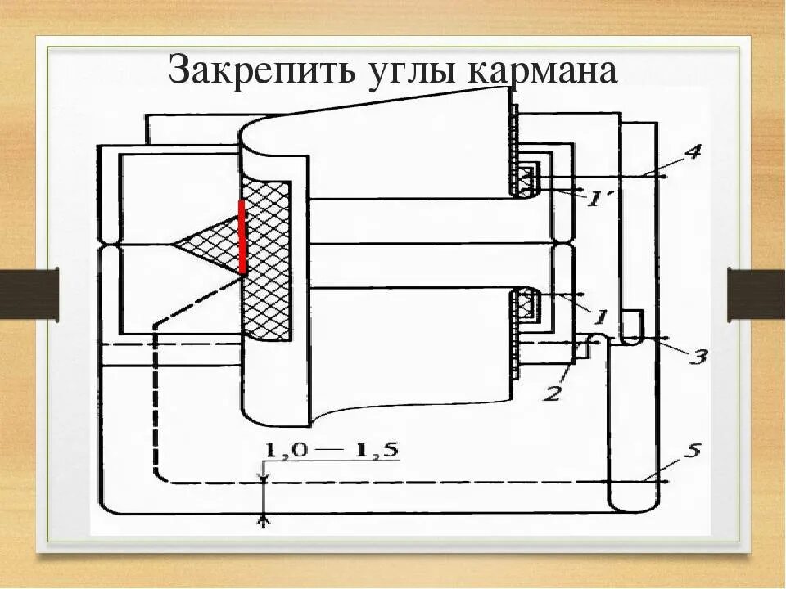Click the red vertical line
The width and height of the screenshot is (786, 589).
tap(242, 236)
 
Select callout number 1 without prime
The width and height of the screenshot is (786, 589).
tap(599, 315)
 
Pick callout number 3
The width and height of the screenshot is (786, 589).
tap(698, 357)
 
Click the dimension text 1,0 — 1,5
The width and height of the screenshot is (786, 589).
tap(332, 451)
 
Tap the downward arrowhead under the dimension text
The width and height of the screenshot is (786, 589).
tap(264, 475)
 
